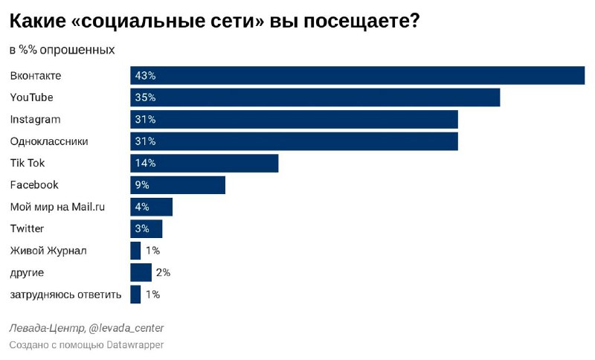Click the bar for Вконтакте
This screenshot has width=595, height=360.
[x=357, y=76]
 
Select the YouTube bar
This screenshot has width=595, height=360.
[x=315, y=97]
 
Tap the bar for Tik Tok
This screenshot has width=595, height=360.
[x=204, y=163]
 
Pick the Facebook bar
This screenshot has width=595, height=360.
[x=178, y=185]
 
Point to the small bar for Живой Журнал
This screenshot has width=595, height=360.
[x=135, y=251]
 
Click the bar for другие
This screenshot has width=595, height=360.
[x=141, y=272]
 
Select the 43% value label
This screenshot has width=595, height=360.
[x=145, y=76]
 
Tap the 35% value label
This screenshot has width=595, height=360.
[x=145, y=97]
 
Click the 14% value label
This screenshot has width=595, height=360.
[x=145, y=163]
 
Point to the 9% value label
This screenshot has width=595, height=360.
[x=143, y=185]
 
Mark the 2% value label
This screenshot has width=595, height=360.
[x=163, y=273]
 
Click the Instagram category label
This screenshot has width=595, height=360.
[x=35, y=119]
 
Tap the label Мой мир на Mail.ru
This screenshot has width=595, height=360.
[x=57, y=207]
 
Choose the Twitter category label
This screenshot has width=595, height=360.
[x=27, y=228]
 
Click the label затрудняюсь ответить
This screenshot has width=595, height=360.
[x=65, y=295]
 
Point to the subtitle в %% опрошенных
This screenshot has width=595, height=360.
[x=62, y=50]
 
